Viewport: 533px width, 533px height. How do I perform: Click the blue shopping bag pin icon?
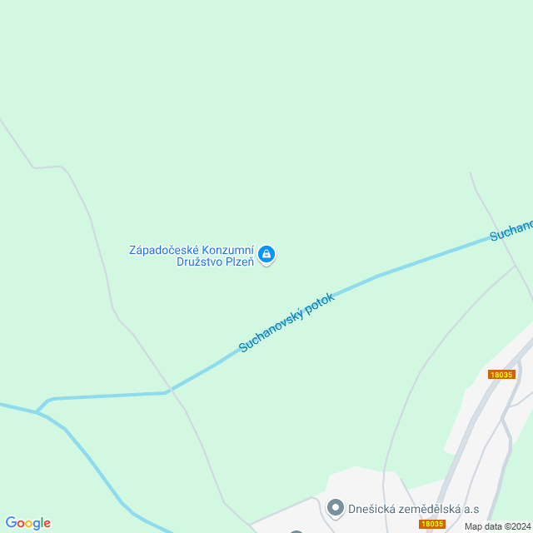coord(266,254)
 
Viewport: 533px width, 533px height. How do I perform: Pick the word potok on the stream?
coord(321,301)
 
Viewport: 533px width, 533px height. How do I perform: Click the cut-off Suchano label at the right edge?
coord(511,230)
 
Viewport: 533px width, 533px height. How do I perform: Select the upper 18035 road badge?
coord(501,375)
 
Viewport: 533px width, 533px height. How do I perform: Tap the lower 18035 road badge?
coord(431,524)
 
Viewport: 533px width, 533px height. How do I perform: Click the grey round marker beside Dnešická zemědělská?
coord(336,506)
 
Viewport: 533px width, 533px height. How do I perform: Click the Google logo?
coord(27,523)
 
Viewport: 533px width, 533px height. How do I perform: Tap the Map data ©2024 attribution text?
coord(497,526)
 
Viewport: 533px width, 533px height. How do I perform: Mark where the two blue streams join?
coord(37,411)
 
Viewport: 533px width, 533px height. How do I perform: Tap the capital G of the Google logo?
coord(11,523)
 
